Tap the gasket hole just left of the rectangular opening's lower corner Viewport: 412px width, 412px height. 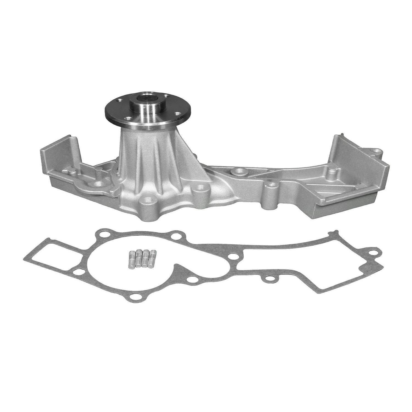(x=78, y=272)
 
